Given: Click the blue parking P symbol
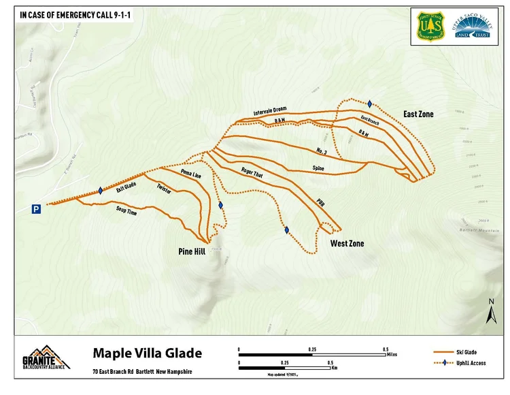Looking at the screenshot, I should [x=36, y=209].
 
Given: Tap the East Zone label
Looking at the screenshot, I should [x=418, y=114].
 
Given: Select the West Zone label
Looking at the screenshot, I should [x=347, y=243].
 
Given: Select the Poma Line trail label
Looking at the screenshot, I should [x=191, y=175].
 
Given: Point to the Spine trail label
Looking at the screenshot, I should [x=318, y=167].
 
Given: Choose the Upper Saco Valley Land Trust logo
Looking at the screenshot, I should [x=469, y=27].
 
